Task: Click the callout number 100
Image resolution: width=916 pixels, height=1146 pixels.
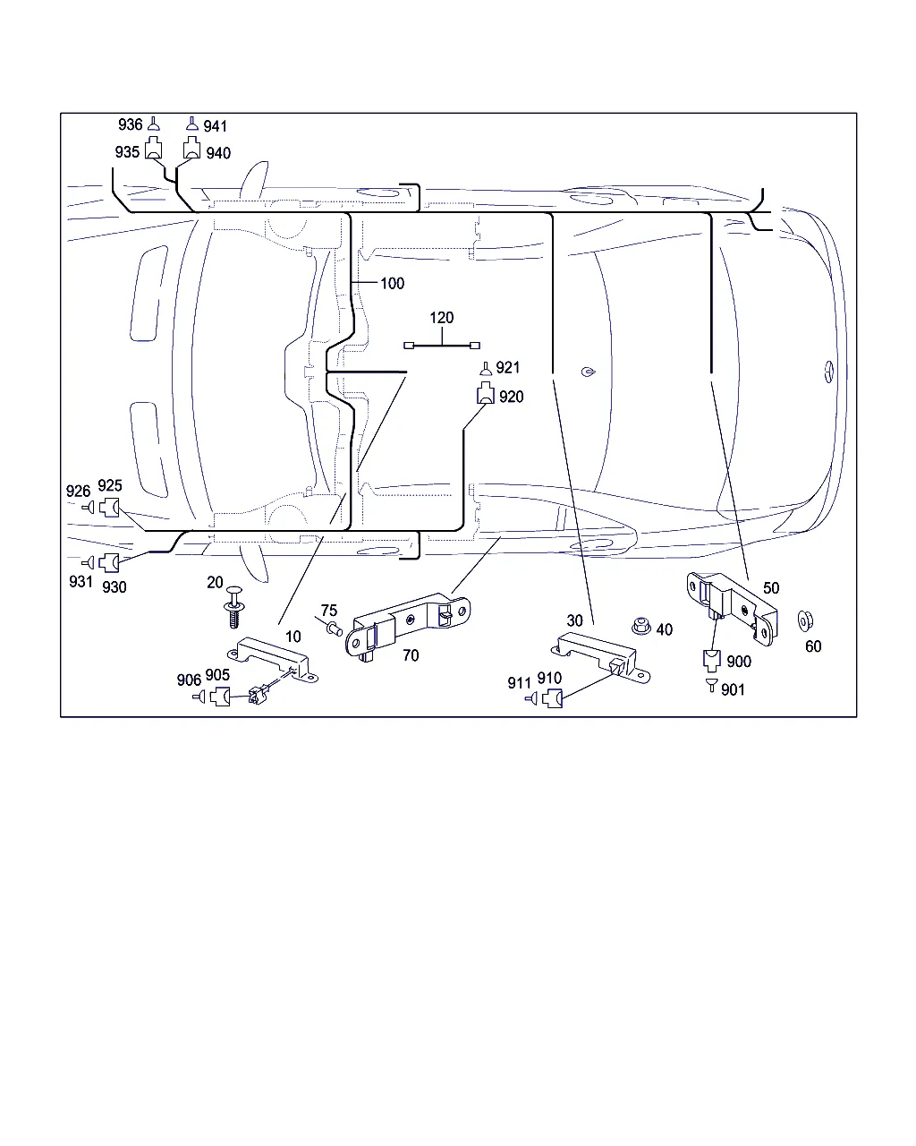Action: click(393, 284)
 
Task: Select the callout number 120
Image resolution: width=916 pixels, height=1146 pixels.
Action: click(442, 318)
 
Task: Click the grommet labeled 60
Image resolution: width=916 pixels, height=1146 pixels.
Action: click(805, 620)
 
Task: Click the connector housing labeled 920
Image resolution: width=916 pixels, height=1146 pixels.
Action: click(484, 393)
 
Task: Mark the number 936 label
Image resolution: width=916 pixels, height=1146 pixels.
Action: click(131, 124)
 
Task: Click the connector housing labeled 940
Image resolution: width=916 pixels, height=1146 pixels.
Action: click(191, 150)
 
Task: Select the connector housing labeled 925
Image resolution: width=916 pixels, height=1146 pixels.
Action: click(110, 508)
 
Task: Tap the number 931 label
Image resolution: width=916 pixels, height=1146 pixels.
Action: click(81, 582)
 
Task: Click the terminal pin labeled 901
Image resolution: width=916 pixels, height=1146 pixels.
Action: click(711, 685)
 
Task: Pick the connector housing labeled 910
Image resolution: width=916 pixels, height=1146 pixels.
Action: click(552, 699)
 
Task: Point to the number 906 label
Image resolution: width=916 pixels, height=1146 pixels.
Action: click(189, 680)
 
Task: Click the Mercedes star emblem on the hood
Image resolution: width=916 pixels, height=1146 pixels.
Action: click(829, 372)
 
